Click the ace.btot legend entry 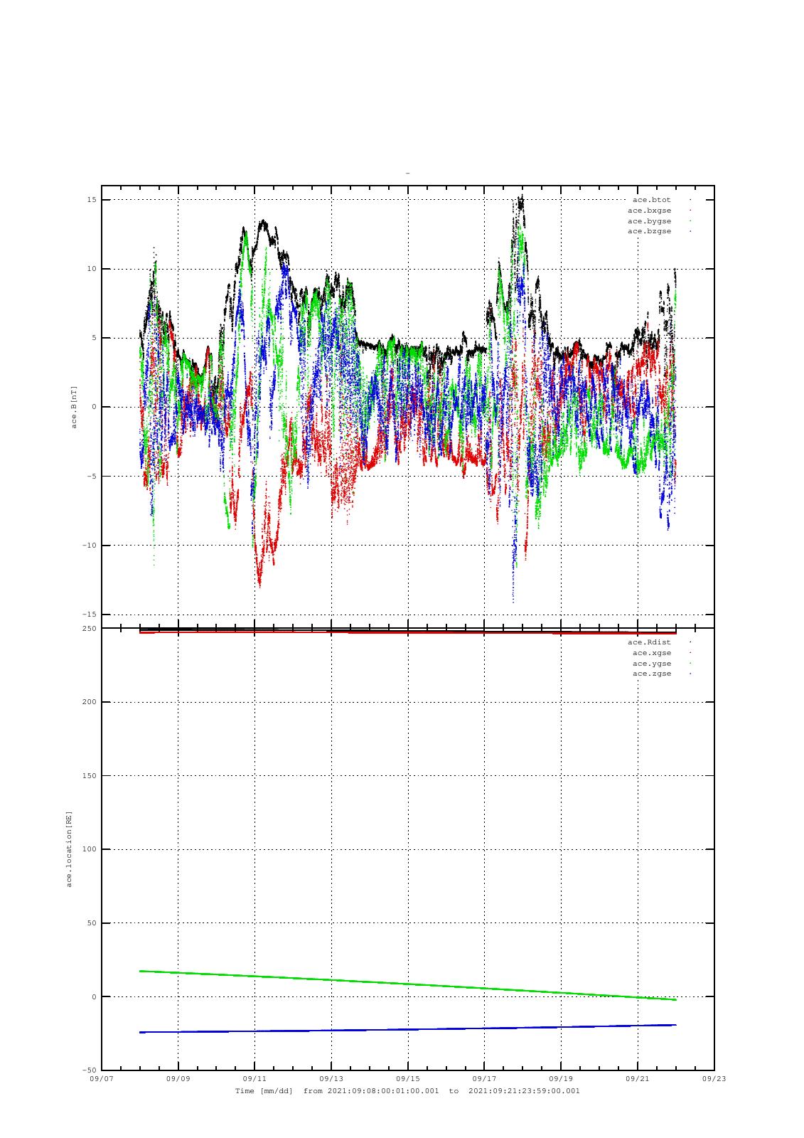[651, 200]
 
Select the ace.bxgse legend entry [649, 211]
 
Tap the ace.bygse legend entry [649, 221]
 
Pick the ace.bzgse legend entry [649, 231]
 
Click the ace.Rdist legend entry [649, 642]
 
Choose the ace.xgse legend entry [651, 653]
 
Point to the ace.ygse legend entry [651, 664]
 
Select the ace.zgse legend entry [651, 674]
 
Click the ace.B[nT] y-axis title [73, 407]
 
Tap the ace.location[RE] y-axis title [69, 849]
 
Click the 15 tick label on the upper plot [92, 200]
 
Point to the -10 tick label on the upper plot [89, 546]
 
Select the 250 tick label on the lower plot [89, 629]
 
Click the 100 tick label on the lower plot [89, 849]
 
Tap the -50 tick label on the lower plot [89, 1070]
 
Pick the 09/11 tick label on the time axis [254, 1079]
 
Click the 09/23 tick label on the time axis [714, 1079]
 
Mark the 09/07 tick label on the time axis [102, 1079]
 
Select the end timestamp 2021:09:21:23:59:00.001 [525, 1091]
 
